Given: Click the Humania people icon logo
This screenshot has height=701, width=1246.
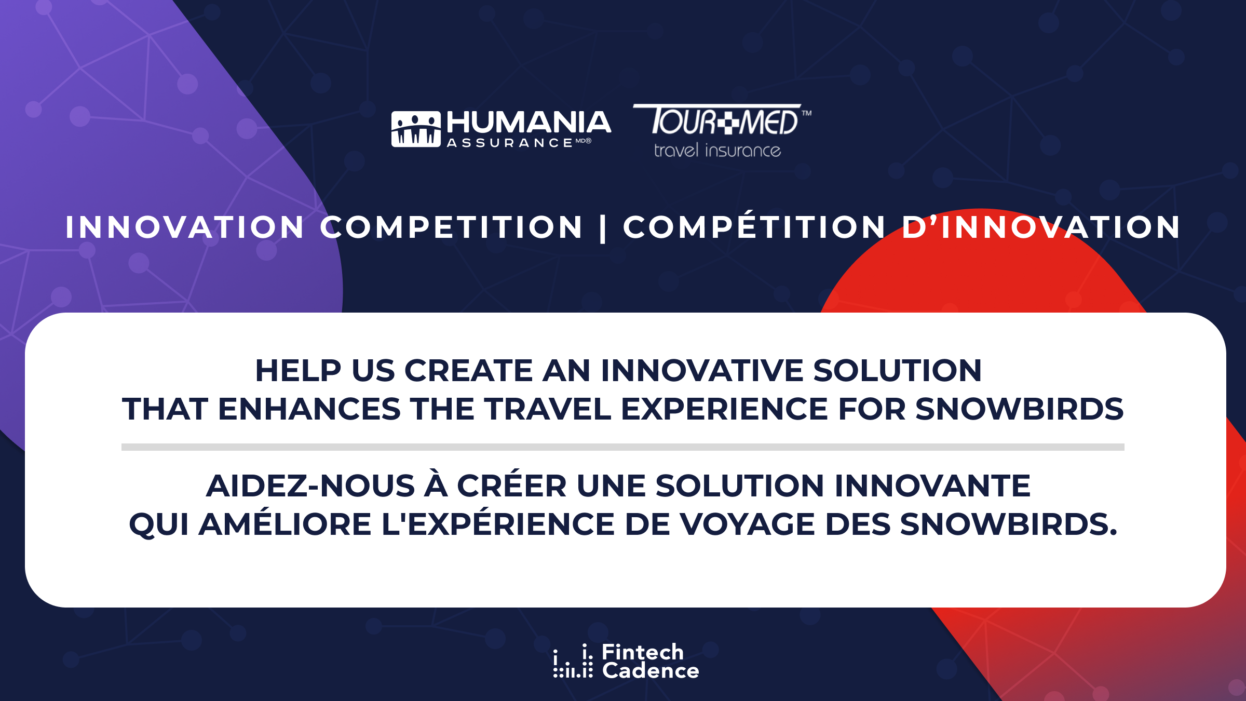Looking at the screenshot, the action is [x=416, y=129].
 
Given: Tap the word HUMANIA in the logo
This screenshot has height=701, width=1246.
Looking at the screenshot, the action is [x=529, y=123].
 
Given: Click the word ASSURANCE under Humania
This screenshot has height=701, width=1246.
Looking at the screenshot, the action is [x=510, y=143].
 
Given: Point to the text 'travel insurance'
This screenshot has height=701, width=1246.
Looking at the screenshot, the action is [x=717, y=150].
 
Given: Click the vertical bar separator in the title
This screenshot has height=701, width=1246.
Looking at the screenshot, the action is [x=603, y=228].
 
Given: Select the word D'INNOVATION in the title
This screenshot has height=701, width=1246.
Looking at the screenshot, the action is [x=1041, y=227].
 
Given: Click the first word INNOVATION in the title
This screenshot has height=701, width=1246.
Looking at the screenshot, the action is [x=184, y=227].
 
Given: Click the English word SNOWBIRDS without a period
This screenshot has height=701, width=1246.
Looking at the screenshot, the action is [x=1020, y=409].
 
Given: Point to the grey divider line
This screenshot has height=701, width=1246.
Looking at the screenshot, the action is [x=623, y=447].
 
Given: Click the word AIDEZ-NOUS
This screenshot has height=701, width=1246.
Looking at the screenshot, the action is [x=310, y=486].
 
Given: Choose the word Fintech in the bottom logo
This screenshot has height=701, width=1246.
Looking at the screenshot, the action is [x=643, y=652].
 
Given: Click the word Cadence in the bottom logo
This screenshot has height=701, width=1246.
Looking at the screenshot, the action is [x=651, y=670].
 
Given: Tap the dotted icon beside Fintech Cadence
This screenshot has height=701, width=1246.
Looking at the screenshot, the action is [x=573, y=661].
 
